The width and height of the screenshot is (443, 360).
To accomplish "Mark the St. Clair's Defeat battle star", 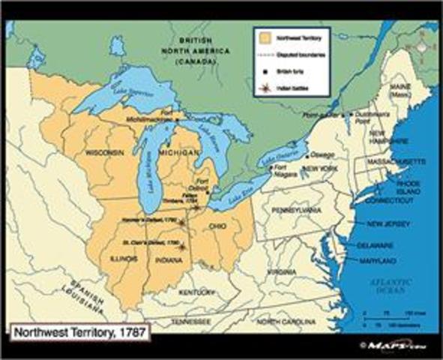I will click(182, 244).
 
